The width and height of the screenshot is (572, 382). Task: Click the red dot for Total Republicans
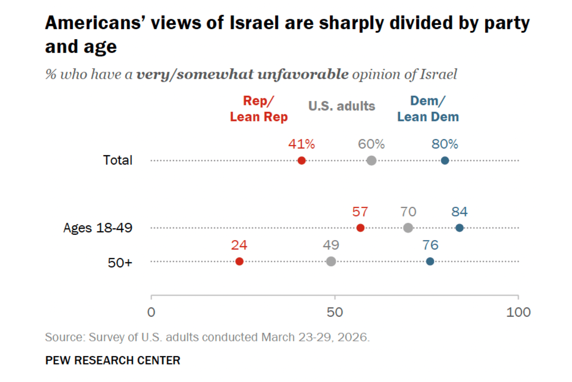click(302, 161)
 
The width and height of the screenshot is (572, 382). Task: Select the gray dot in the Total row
click(372, 161)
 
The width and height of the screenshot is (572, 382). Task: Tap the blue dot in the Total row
click(445, 161)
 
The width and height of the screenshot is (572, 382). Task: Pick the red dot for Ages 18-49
click(360, 228)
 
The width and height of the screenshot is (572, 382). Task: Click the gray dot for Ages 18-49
click(408, 228)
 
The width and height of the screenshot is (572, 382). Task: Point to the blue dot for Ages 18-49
click(460, 228)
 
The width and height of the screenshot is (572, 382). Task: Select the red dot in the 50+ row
click(239, 261)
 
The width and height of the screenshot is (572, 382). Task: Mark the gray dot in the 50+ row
click(331, 261)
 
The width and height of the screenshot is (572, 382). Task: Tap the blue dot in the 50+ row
click(430, 261)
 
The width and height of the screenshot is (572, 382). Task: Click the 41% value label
click(301, 144)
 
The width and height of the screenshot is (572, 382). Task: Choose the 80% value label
click(445, 144)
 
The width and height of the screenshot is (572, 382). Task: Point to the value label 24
click(239, 245)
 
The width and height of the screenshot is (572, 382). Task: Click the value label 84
click(460, 212)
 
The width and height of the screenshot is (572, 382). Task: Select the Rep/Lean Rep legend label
click(259, 109)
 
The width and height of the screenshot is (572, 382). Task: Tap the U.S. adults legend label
click(341, 106)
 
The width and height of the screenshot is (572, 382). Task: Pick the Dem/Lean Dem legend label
click(428, 109)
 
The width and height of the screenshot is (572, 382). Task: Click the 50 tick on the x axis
click(335, 312)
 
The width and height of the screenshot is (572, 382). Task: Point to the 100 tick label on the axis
click(518, 312)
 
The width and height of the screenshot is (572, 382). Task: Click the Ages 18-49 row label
click(98, 228)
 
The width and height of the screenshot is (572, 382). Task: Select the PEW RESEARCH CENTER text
click(113, 360)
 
